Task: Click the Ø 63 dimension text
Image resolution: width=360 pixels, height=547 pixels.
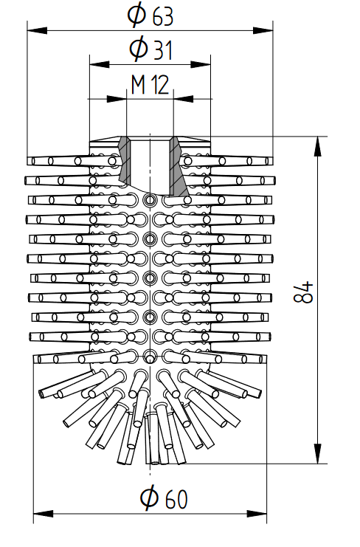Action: [x=150, y=16]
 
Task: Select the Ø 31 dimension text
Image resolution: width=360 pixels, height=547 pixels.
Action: [x=151, y=49]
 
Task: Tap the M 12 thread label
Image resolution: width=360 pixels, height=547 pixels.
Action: [x=150, y=85]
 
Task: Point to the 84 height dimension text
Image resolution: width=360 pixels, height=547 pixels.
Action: [x=303, y=292]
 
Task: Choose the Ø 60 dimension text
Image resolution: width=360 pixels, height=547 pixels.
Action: [x=164, y=499]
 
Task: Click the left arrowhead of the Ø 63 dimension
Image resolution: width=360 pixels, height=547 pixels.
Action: [x=37, y=31]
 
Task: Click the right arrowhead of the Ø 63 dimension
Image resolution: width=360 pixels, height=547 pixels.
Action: [x=263, y=31]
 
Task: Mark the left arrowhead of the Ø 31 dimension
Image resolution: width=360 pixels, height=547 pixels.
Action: [x=100, y=64]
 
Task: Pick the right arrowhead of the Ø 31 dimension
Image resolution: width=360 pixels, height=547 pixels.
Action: [x=201, y=64]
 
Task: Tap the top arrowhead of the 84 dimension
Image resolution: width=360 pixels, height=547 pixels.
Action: [x=317, y=146]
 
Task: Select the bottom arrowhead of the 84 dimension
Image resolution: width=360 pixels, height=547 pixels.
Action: [x=317, y=454]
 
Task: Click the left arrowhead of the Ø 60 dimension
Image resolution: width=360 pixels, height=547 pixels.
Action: [x=44, y=514]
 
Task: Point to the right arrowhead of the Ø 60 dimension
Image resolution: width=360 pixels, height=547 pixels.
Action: [x=257, y=514]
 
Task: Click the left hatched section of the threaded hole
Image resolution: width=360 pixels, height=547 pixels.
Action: [x=124, y=159]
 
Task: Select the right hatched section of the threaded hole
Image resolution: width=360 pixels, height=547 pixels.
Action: [x=179, y=165]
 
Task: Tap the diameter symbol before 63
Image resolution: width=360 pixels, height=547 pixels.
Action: [x=136, y=16]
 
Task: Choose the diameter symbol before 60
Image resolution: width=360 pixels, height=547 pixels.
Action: [x=150, y=499]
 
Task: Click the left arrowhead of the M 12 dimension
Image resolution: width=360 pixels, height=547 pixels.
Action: [x=117, y=99]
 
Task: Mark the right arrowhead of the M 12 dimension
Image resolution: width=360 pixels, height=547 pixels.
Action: [x=183, y=99]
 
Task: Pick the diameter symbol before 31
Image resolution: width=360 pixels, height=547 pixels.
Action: [x=139, y=49]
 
